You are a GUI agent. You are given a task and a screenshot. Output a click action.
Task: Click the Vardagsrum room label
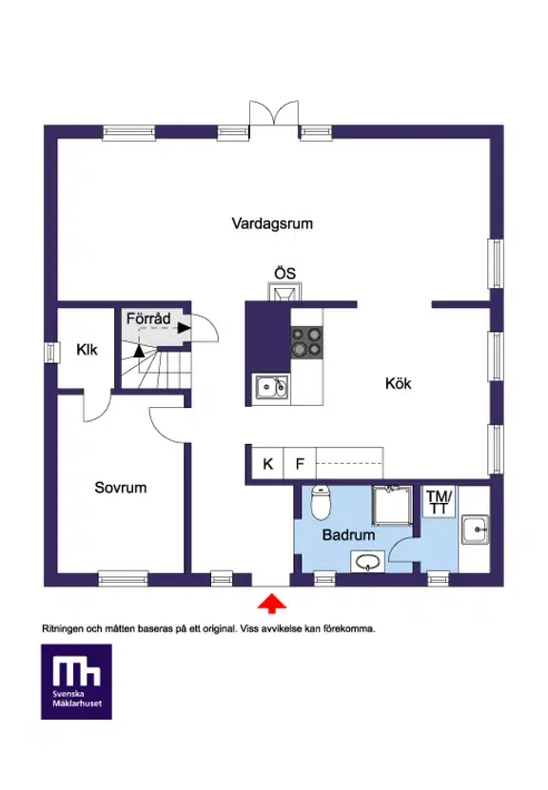tap(272, 223)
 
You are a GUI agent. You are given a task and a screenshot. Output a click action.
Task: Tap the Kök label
tap(398, 383)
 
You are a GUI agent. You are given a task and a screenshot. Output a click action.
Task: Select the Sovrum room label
tap(121, 488)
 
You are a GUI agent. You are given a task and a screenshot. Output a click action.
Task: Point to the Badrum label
tap(348, 534)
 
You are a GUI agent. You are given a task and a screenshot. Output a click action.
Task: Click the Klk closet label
tap(87, 350)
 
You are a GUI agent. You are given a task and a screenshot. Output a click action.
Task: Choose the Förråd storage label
tap(148, 318)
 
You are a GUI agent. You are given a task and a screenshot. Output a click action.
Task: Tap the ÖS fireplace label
tap(284, 274)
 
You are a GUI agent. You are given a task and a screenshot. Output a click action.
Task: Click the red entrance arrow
tap(272, 603)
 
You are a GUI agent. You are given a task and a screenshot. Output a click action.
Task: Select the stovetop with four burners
tap(307, 342)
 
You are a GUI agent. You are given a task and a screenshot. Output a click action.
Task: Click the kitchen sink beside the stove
tap(272, 388)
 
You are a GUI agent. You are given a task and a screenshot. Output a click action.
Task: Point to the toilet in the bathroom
tap(320, 502)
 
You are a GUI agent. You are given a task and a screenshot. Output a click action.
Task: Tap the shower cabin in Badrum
tap(392, 506)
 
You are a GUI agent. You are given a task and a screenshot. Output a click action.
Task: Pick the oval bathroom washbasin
tap(368, 562)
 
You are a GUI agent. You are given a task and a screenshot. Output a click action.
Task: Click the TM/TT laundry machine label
tap(440, 502)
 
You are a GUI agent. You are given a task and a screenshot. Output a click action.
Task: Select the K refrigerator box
tap(267, 463)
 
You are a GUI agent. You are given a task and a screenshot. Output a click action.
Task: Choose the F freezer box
tap(300, 463)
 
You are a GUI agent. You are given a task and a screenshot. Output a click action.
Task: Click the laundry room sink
tap(475, 530)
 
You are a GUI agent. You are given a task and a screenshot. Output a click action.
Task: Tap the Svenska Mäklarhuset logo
tap(77, 682)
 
